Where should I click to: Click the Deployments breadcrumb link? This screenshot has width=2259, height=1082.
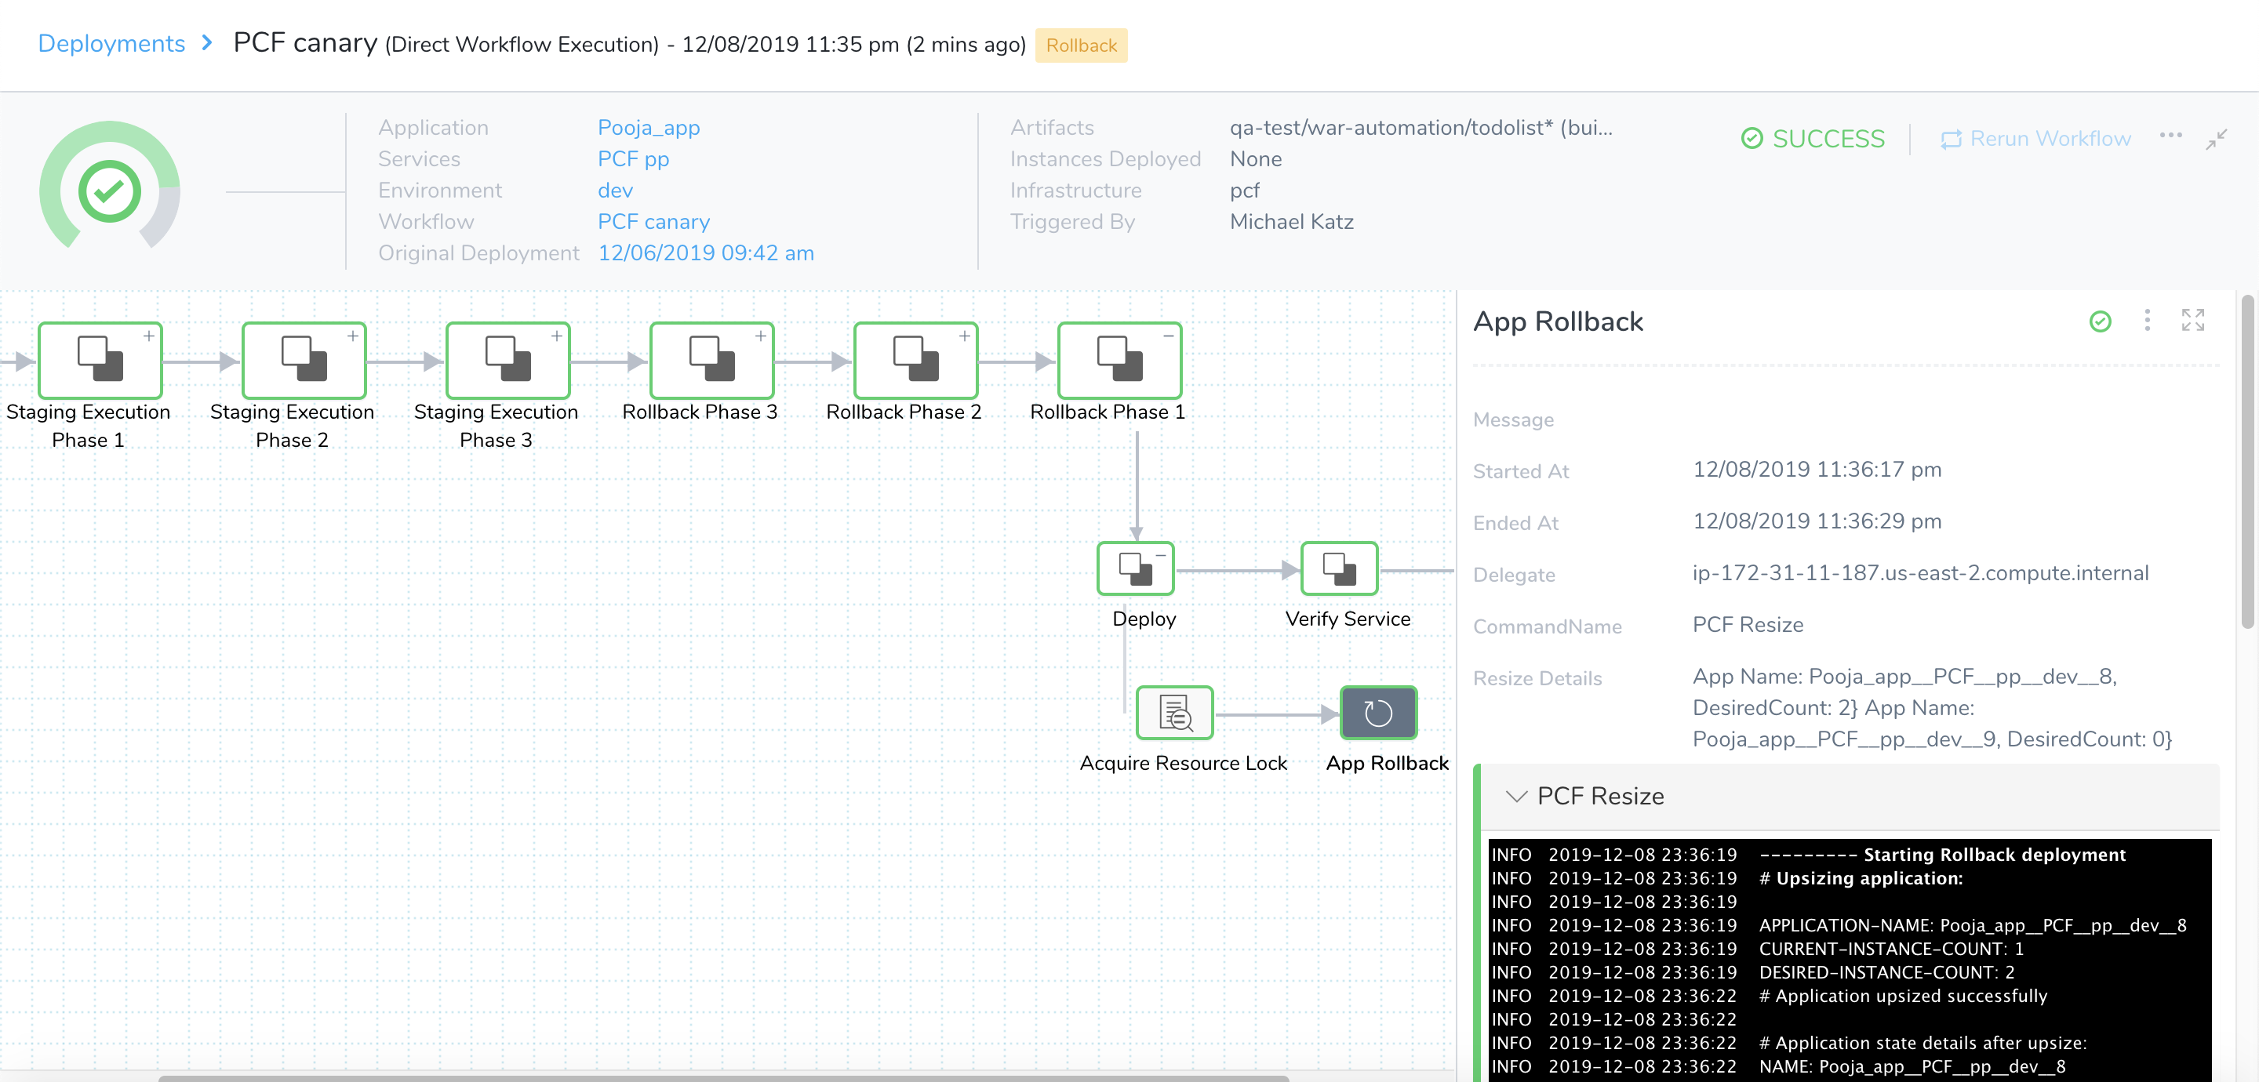[111, 44]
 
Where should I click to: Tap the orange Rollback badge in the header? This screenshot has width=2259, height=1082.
[1082, 45]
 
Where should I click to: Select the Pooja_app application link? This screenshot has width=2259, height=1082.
[648, 128]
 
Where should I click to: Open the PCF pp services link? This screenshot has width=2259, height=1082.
[633, 158]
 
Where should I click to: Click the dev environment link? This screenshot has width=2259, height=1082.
[615, 191]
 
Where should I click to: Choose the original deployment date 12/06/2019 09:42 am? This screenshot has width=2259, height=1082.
[705, 253]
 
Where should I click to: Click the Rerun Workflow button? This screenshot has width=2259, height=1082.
[2035, 139]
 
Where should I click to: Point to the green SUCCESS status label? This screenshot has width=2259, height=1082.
[1813, 139]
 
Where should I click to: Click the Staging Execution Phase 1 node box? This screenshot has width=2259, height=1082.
[100, 361]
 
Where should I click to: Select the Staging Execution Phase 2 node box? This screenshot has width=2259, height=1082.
[304, 361]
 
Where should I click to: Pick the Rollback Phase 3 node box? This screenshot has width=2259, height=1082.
[712, 361]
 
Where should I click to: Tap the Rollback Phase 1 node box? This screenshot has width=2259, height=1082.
[1120, 361]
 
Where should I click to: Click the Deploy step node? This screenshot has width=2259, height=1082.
[1136, 569]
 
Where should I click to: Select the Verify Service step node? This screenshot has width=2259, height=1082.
[1339, 569]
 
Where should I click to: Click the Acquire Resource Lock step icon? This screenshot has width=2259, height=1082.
[1175, 713]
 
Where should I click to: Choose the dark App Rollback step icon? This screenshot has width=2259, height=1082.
[1379, 713]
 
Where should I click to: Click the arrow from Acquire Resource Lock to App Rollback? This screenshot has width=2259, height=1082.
[1277, 714]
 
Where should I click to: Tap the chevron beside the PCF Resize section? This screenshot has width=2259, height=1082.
[1516, 796]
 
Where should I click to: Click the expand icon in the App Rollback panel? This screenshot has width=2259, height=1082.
[2193, 320]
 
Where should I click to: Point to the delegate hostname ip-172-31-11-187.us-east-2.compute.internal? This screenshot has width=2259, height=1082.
[1920, 573]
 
